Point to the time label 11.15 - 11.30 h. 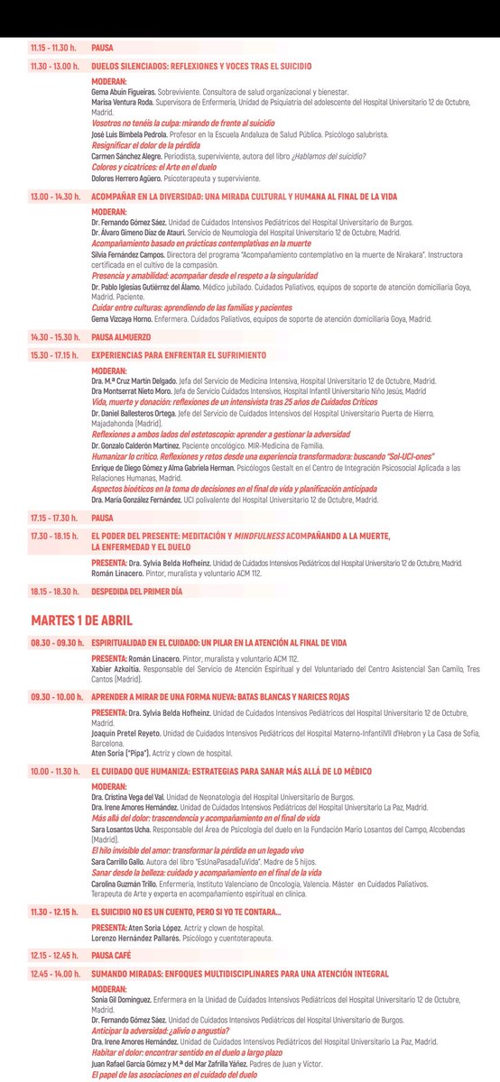pyautogui.click(x=53, y=46)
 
